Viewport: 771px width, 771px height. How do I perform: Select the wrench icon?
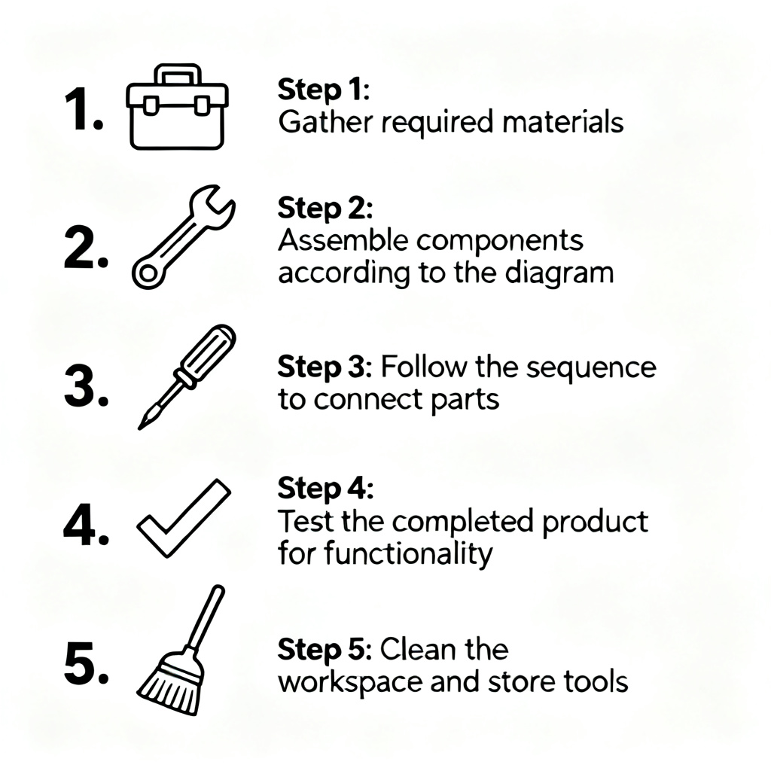(183, 237)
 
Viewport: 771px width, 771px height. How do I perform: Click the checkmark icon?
(184, 518)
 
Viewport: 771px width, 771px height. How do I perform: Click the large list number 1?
(84, 109)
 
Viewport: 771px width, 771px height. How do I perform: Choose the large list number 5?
(86, 664)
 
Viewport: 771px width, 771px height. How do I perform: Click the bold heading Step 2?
(325, 208)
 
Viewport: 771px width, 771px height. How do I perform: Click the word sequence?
(591, 368)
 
